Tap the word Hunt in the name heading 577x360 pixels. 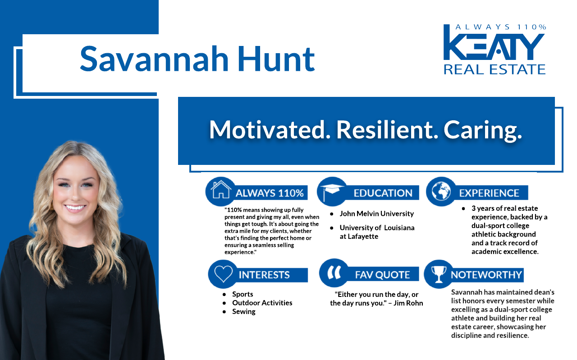coord(276,59)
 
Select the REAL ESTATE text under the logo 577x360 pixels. coord(495,69)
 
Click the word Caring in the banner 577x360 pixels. coord(483,130)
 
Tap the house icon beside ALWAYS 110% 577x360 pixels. coord(221,191)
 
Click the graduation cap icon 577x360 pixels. coord(332,191)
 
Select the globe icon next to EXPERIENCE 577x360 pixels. coord(441,191)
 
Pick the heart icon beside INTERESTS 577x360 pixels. coord(224,274)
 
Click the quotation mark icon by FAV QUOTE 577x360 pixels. coord(334,273)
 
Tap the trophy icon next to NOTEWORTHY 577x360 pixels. coord(438,274)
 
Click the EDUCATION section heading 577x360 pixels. coord(383,193)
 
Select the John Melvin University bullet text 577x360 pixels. coord(376,214)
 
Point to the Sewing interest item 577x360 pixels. coord(243,311)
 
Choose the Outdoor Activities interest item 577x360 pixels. coord(262,303)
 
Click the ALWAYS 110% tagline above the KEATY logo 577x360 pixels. coord(500,27)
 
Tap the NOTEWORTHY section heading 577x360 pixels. coord(486,274)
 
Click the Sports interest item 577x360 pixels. coord(243,294)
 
